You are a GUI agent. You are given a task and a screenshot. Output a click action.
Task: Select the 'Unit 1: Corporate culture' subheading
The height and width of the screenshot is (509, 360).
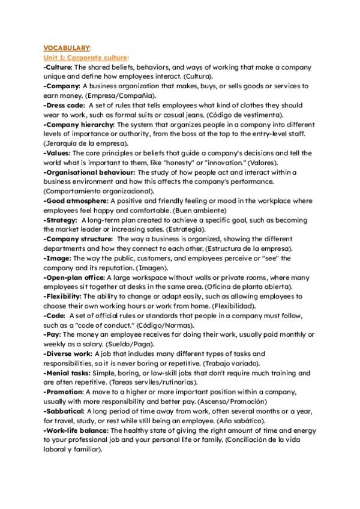click(86, 57)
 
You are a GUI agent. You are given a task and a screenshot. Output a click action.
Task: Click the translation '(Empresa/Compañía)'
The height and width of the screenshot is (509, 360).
click(120, 96)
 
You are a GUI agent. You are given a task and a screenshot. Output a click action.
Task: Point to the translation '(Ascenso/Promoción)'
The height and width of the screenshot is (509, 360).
click(230, 402)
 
